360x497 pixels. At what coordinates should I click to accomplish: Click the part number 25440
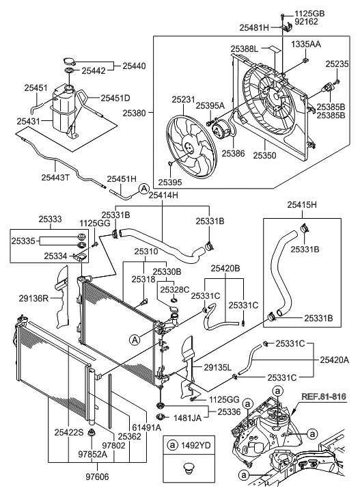pyautogui.click(x=134, y=66)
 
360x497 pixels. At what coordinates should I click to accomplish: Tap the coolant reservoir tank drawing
pyautogui.click(x=64, y=113)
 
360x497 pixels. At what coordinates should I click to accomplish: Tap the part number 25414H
pyautogui.click(x=163, y=196)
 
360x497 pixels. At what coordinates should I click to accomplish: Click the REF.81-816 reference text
pyautogui.click(x=324, y=395)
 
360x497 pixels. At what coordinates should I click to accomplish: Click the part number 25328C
pyautogui.click(x=176, y=289)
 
